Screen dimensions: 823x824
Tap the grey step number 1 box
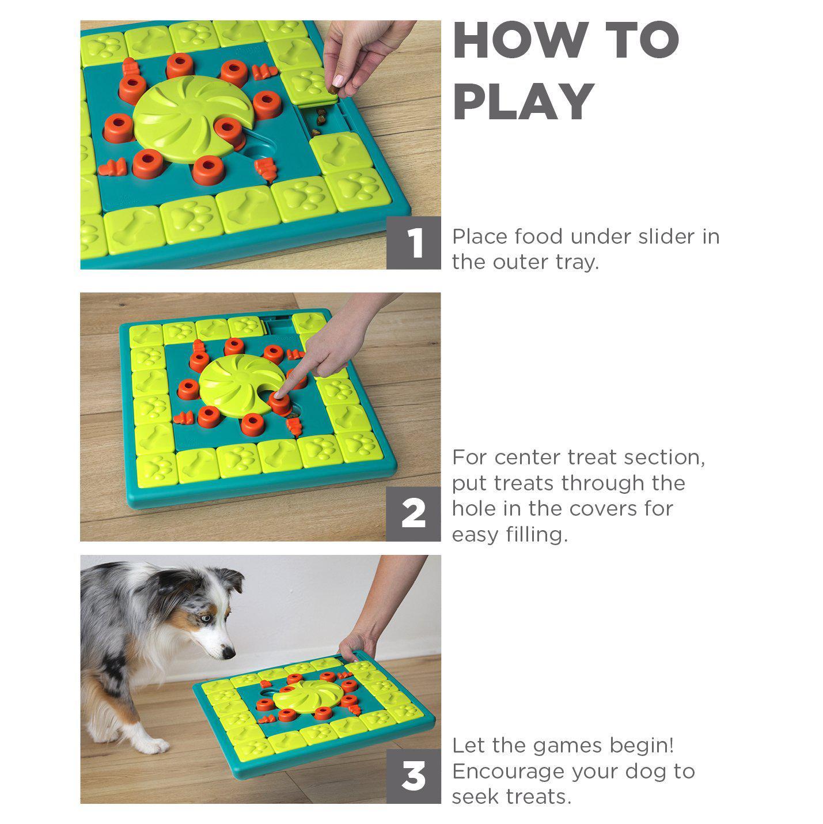click(x=414, y=243)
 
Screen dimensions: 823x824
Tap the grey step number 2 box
click(x=414, y=514)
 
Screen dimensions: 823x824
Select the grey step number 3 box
click(x=414, y=776)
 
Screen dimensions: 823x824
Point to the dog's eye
click(x=206, y=618)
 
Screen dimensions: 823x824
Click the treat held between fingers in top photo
click(x=333, y=89)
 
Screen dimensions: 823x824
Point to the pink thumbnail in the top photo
click(x=339, y=80)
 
